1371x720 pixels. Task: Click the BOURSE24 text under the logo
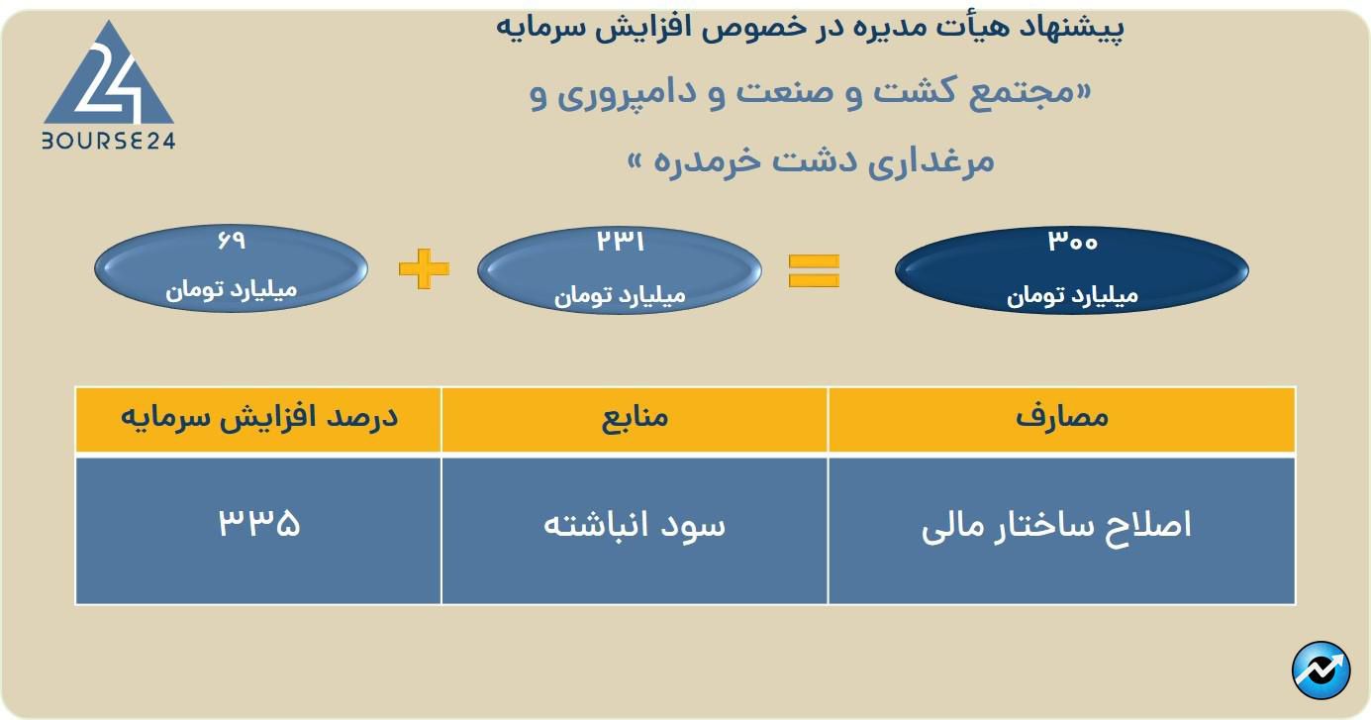tap(109, 142)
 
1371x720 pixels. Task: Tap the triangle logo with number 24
tap(109, 79)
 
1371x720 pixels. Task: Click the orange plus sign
tap(424, 268)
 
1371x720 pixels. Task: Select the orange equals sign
tap(814, 270)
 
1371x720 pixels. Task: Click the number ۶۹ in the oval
tap(231, 241)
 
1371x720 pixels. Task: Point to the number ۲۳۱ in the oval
tap(620, 241)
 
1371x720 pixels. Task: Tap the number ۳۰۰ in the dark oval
tap(1072, 242)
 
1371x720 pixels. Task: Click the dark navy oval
tap(1072, 270)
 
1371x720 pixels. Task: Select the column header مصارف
tap(1062, 418)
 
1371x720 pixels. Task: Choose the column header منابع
tap(635, 418)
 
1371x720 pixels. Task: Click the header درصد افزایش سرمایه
tap(258, 418)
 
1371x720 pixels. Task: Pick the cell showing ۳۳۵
tap(258, 524)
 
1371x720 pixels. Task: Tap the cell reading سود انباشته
tap(635, 526)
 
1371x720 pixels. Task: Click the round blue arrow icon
tap(1321, 670)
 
